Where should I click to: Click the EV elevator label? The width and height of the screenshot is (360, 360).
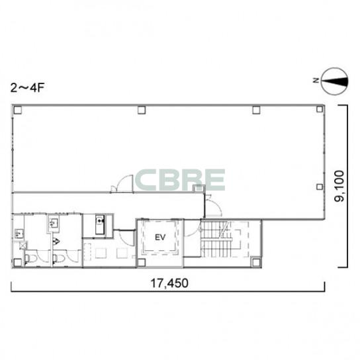(x=160, y=238)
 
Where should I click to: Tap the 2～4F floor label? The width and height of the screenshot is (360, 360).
(x=27, y=88)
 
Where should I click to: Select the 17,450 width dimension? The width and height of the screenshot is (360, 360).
(x=169, y=283)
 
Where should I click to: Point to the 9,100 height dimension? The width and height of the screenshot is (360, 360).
(x=339, y=186)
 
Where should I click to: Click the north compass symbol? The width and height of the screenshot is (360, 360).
(x=334, y=81)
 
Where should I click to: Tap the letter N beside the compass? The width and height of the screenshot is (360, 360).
(x=316, y=80)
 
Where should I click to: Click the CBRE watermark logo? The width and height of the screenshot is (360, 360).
(x=180, y=180)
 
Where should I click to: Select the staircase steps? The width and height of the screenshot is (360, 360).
(x=216, y=240)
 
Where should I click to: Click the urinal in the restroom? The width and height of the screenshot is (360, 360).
(x=56, y=242)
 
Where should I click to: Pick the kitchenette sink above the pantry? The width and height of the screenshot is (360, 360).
(x=100, y=224)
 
